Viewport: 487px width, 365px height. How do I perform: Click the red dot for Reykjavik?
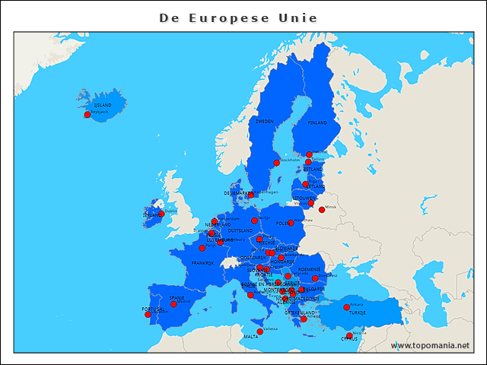tap(88, 114)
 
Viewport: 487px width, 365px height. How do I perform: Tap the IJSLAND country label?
tap(102, 105)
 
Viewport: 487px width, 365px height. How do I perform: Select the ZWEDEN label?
tap(265, 122)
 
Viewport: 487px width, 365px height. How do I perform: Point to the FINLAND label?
tap(317, 122)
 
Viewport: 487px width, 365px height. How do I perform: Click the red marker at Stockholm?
tap(277, 163)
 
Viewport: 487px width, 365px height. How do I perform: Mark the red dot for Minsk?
tap(322, 209)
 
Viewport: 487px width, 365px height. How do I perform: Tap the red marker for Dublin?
tap(161, 214)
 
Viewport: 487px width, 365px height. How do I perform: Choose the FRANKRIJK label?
tap(202, 263)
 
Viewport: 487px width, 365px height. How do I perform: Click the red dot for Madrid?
tap(173, 303)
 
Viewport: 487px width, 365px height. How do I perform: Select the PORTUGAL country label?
tap(153, 309)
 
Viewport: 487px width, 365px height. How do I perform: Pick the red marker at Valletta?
tap(260, 331)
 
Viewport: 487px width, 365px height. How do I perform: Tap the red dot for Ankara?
tap(347, 307)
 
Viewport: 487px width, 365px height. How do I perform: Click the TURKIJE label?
tap(357, 313)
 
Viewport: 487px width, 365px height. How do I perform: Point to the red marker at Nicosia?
tap(349, 335)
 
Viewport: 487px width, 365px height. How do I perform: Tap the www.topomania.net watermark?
tap(430, 345)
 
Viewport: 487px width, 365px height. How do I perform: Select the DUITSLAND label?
tap(240, 230)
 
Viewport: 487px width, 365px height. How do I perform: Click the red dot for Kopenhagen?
tap(250, 195)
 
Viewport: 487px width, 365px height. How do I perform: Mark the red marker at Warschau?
tap(291, 223)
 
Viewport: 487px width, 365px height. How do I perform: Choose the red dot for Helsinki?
tap(309, 154)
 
